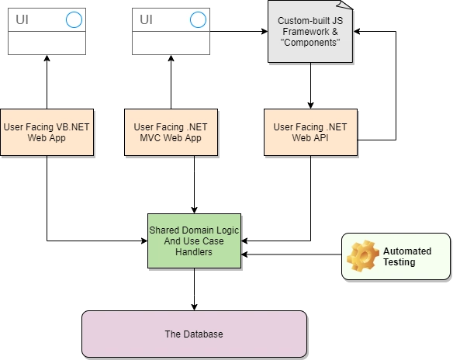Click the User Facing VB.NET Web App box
click(x=47, y=132)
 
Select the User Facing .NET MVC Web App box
click(x=171, y=132)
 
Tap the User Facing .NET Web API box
click(x=310, y=132)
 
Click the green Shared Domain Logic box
click(x=194, y=241)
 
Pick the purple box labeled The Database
click(x=194, y=334)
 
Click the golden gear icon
click(x=363, y=256)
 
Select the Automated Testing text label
click(x=407, y=257)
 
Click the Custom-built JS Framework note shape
click(x=310, y=32)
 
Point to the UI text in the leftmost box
click(x=22, y=19)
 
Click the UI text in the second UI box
click(x=146, y=19)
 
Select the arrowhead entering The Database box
click(x=194, y=307)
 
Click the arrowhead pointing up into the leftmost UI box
click(x=47, y=58)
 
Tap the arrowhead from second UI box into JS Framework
click(x=265, y=32)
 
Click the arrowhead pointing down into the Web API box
click(x=310, y=106)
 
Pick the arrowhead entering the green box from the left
click(x=144, y=241)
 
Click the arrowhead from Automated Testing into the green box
click(x=244, y=254)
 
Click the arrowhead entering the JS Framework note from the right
click(x=357, y=32)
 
